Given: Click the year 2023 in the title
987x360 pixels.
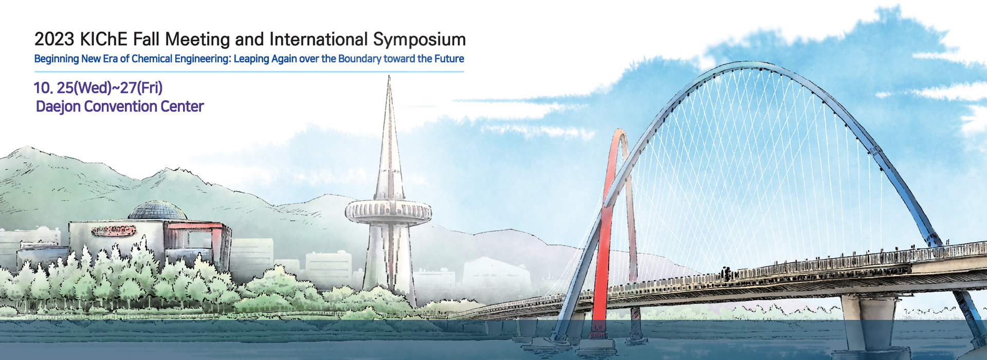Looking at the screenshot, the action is click(x=54, y=40).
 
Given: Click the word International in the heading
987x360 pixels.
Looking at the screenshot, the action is click(x=319, y=40).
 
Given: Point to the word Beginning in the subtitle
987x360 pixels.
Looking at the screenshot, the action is click(x=57, y=59).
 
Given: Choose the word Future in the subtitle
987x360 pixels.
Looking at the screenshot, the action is click(x=449, y=59).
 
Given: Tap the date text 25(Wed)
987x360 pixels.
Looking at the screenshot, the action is click(x=84, y=88).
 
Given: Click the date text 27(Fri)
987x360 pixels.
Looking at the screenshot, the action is click(x=141, y=88).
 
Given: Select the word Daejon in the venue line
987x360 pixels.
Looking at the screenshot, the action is click(x=58, y=107).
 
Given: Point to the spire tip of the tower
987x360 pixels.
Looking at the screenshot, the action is click(x=389, y=76).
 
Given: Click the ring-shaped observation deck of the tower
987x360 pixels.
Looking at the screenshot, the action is click(x=388, y=211).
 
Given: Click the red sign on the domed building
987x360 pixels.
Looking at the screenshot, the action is click(x=114, y=230).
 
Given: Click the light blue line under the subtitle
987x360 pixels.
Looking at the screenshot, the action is click(x=249, y=71).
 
